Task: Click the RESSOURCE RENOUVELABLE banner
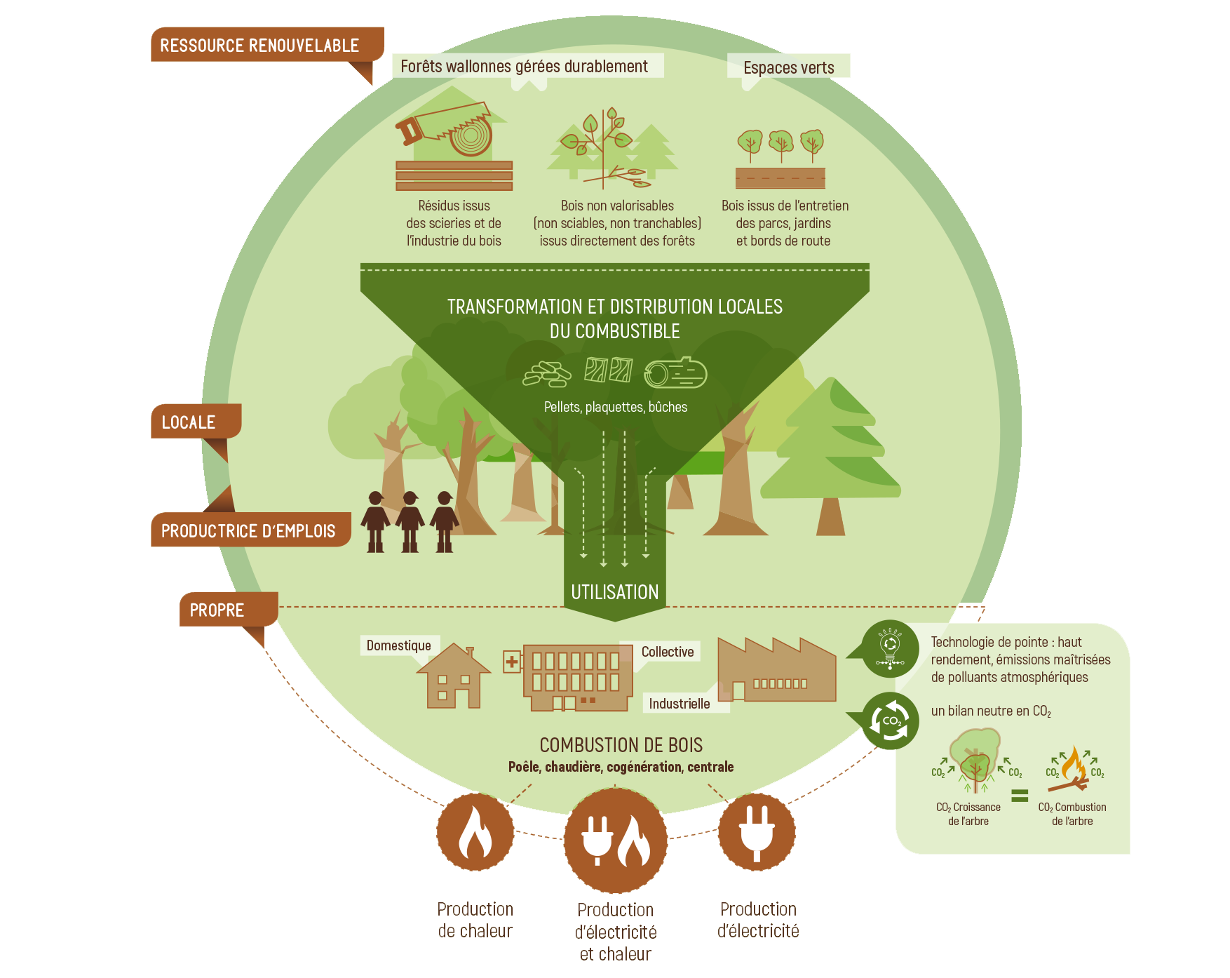point(259,46)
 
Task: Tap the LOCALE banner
point(189,422)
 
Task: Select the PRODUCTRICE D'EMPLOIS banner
point(248,530)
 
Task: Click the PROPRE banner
point(217,610)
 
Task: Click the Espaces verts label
point(788,67)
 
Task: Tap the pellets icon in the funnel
point(547,374)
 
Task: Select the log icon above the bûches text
point(675,373)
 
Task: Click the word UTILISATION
point(614,592)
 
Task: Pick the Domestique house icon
point(454,677)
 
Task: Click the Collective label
point(667,652)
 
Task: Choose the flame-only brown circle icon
point(475,833)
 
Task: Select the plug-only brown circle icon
point(757,833)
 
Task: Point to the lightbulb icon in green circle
point(890,648)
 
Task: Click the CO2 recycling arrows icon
point(890,721)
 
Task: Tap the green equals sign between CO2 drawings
point(1020,796)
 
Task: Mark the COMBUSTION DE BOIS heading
point(621,745)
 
